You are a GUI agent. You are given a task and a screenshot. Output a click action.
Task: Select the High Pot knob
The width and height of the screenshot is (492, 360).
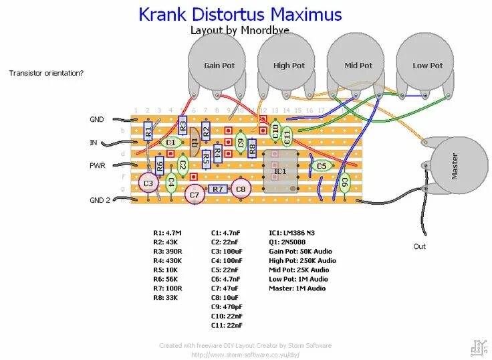pos(289,65)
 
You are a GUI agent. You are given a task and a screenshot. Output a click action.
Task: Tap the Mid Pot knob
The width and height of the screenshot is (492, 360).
pos(358,65)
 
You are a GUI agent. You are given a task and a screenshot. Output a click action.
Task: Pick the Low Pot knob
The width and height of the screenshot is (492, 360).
pos(428,65)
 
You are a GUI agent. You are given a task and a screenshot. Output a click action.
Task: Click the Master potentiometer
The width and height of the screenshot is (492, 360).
pos(459,167)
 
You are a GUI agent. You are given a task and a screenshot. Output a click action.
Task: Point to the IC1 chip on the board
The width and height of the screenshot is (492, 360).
pos(279,171)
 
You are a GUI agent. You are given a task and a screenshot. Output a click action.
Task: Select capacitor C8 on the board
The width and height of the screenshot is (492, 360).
pos(241,189)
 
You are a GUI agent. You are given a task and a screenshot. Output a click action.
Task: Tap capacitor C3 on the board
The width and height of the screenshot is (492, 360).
pos(148,183)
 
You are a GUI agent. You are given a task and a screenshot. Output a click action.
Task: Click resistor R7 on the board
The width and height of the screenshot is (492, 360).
pos(218,189)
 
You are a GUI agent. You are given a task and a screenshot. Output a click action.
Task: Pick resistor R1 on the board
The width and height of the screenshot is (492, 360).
pos(148,132)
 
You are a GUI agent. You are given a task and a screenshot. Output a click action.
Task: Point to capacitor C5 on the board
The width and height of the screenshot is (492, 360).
pos(322,166)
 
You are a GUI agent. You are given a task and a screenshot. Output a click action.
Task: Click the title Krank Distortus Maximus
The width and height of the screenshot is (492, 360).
pos(240,15)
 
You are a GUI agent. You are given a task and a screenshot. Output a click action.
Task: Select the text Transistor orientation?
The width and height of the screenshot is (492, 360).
pos(46,72)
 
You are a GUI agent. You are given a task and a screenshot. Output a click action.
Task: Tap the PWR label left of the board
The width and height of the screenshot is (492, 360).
pos(98,165)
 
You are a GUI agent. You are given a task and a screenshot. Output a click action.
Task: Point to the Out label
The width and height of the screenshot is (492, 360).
pos(419,246)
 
